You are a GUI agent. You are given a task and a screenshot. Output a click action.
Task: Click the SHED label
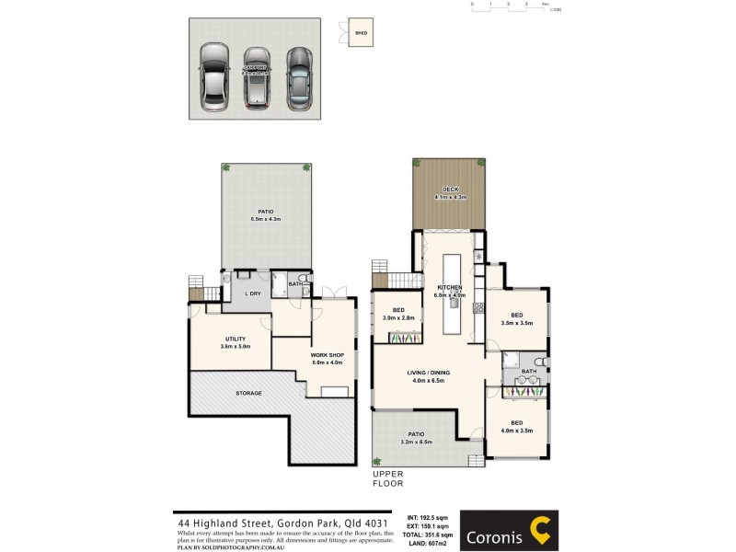tap(361, 34)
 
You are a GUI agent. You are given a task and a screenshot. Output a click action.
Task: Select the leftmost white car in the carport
tap(214, 78)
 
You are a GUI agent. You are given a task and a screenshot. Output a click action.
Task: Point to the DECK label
tap(451, 190)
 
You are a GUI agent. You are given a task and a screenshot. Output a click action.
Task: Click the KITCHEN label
tap(450, 288)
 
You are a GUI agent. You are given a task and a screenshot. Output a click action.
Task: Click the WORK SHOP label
tap(327, 355)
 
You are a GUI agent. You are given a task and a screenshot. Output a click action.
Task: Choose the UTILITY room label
tap(236, 339)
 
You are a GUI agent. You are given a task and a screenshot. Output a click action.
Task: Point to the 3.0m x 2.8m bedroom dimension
tap(398, 317)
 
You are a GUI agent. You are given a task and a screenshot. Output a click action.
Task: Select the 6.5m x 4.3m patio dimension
tap(266, 219)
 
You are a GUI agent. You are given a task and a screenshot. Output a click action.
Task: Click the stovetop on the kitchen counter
tap(477, 310)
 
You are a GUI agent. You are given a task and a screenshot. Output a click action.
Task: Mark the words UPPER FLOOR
tap(388, 478)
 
